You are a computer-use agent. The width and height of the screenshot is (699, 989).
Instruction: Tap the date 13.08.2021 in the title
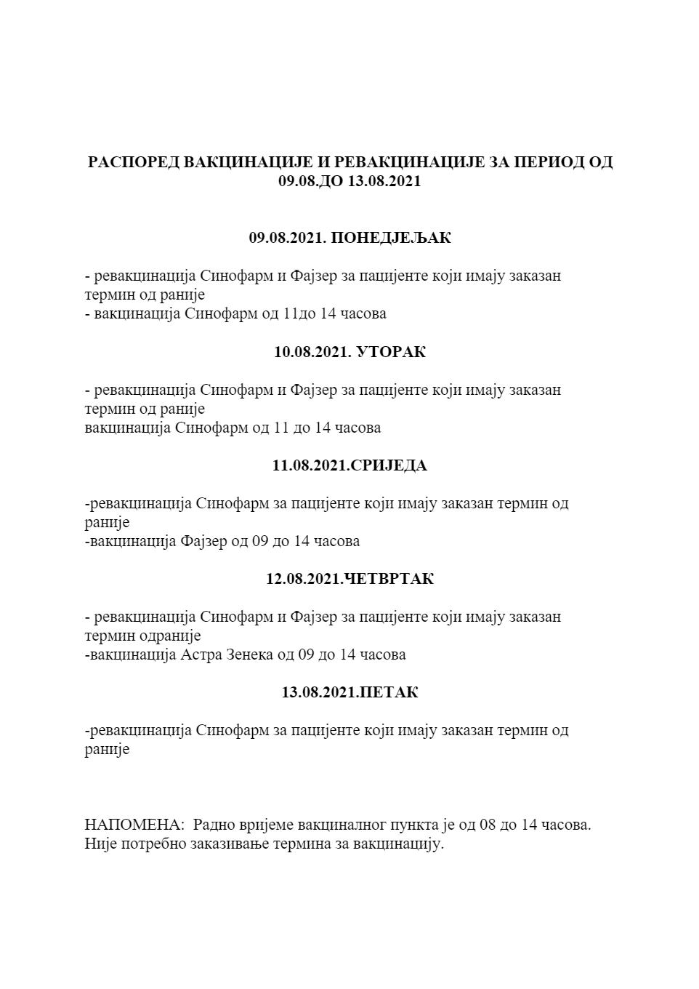pos(384,181)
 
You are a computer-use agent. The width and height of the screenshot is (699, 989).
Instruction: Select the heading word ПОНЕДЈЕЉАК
pos(391,238)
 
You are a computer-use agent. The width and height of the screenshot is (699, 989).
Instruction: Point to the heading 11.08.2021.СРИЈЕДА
pos(349,465)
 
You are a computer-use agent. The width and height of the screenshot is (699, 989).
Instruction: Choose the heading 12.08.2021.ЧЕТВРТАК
pos(349,579)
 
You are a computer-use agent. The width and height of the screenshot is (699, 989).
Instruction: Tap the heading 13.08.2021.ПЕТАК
pos(349,692)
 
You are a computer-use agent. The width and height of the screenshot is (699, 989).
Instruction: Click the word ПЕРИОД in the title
pos(549,161)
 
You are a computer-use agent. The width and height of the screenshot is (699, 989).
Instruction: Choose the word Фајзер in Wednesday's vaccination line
pos(204,541)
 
